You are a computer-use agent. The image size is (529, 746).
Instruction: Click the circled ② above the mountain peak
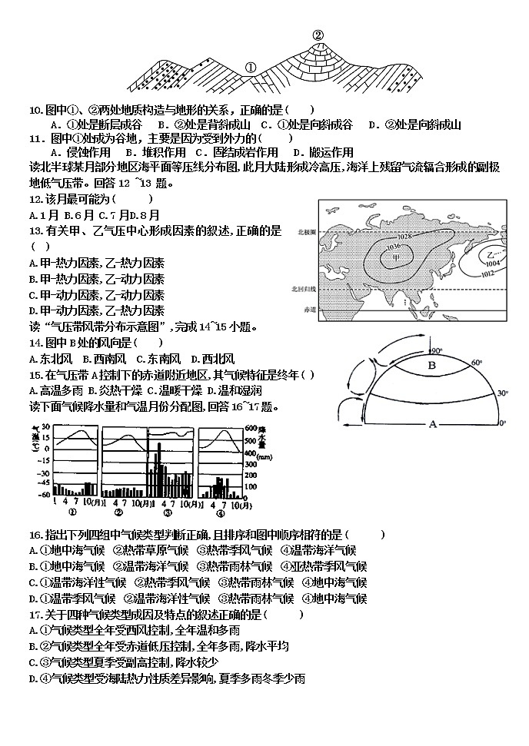pos(318,34)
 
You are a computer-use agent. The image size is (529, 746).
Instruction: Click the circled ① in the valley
pos(250,67)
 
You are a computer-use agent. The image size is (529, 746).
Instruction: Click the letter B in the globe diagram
pos(431,366)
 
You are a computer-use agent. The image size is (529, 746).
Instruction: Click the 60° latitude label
pos(477,363)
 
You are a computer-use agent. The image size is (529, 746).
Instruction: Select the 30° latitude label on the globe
pos(504,392)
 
